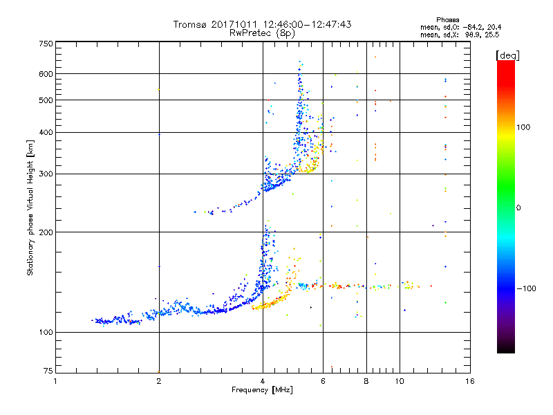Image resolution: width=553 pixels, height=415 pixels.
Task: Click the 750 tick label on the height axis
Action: click(x=46, y=44)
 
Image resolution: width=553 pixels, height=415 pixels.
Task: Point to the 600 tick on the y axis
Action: click(x=46, y=74)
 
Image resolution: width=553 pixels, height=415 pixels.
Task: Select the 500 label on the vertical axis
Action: click(x=46, y=100)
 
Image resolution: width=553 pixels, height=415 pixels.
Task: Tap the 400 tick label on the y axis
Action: click(x=46, y=133)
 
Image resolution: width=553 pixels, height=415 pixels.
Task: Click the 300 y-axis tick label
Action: click(x=46, y=174)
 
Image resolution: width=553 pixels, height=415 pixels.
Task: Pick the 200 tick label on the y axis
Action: click(x=46, y=232)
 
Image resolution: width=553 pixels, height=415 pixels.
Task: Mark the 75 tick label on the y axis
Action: click(x=48, y=372)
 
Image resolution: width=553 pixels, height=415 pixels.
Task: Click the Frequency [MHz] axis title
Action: click(x=262, y=391)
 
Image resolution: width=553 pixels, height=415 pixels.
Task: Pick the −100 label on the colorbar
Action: click(x=529, y=288)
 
